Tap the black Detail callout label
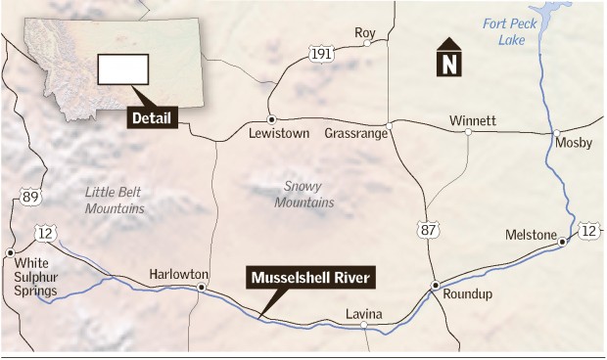click(152, 119)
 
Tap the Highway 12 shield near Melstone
click(586, 230)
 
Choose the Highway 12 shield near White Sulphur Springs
click(45, 232)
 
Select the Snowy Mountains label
click(308, 194)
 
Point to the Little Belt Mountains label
click(115, 201)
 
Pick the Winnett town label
click(473, 121)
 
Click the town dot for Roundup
click(436, 285)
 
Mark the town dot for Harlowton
click(201, 288)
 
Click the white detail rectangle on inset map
click(123, 68)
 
